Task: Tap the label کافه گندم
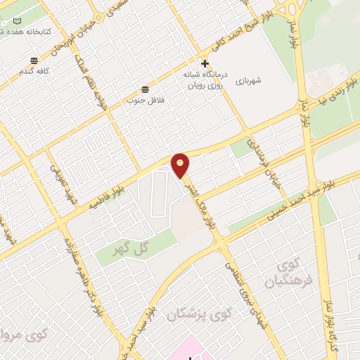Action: [34, 72]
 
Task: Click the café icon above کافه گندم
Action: [34, 62]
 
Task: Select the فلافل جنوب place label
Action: [141, 100]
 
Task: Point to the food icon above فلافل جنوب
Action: [145, 89]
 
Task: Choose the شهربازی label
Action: [248, 81]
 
